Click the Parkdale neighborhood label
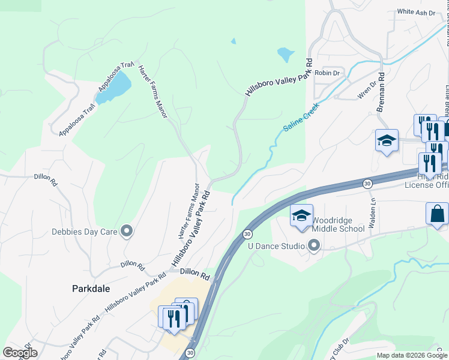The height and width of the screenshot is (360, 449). tap(91, 289)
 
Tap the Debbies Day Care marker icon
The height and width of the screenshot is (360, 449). tap(126, 230)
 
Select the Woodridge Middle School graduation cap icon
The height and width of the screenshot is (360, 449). tap(301, 215)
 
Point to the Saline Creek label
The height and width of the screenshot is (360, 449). tap(301, 117)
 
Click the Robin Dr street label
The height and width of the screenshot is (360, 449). tap(327, 73)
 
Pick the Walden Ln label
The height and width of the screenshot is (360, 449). tap(373, 213)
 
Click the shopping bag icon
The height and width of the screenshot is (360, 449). tap(437, 214)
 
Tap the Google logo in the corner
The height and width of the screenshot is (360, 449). tap(20, 353)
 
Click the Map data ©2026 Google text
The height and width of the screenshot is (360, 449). tap(412, 355)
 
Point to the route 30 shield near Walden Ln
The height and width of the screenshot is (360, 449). tap(367, 183)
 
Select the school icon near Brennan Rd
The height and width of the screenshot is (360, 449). tap(387, 140)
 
